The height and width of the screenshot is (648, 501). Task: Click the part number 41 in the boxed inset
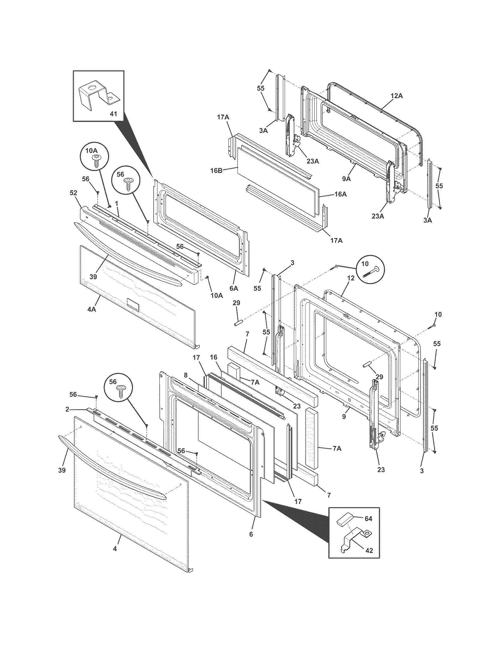(x=113, y=114)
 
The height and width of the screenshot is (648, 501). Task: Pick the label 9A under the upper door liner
(x=346, y=178)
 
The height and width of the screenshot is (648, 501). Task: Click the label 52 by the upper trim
(x=73, y=193)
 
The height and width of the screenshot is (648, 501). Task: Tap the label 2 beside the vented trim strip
(x=67, y=409)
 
